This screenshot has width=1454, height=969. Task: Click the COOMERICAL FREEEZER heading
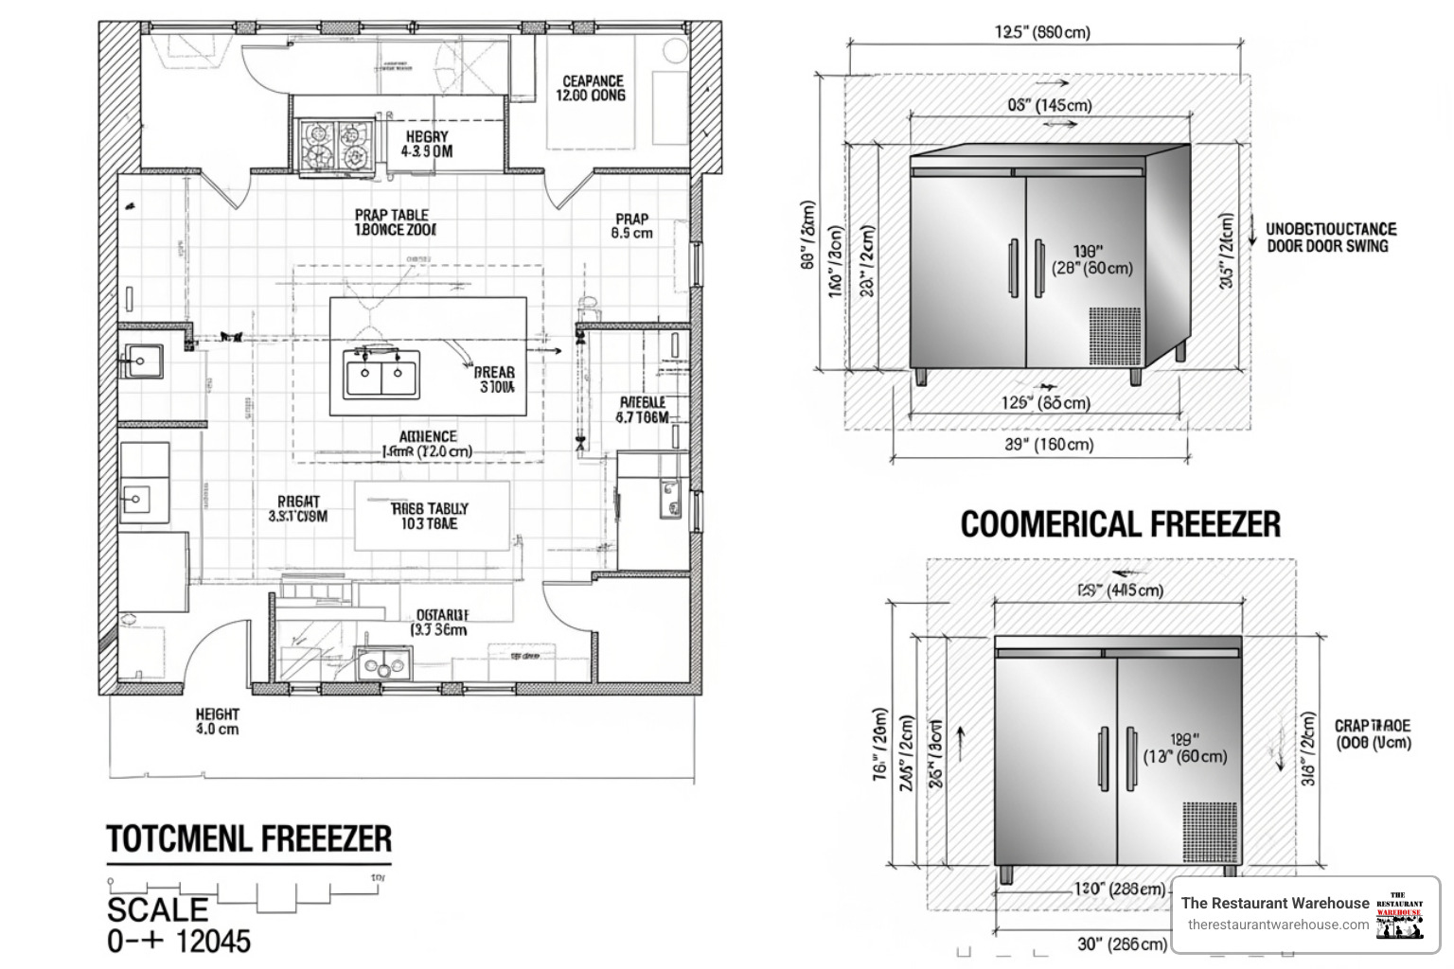click(1120, 523)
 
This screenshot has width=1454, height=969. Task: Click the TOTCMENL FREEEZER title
click(248, 838)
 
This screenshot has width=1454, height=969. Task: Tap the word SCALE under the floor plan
click(157, 909)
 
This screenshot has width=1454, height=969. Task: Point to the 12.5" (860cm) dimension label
click(1042, 32)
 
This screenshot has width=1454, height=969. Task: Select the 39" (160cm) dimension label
click(1049, 444)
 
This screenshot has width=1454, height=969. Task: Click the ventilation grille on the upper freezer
click(1114, 336)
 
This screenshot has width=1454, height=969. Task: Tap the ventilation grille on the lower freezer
click(1209, 832)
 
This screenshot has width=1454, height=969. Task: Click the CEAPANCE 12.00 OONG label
click(593, 88)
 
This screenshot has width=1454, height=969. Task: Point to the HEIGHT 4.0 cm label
click(217, 721)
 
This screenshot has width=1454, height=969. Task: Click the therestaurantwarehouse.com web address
click(1278, 925)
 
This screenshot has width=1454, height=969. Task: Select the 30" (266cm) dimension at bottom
click(1122, 943)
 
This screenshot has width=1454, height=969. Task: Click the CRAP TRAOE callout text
click(1373, 733)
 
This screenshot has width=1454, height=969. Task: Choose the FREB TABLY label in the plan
click(429, 516)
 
